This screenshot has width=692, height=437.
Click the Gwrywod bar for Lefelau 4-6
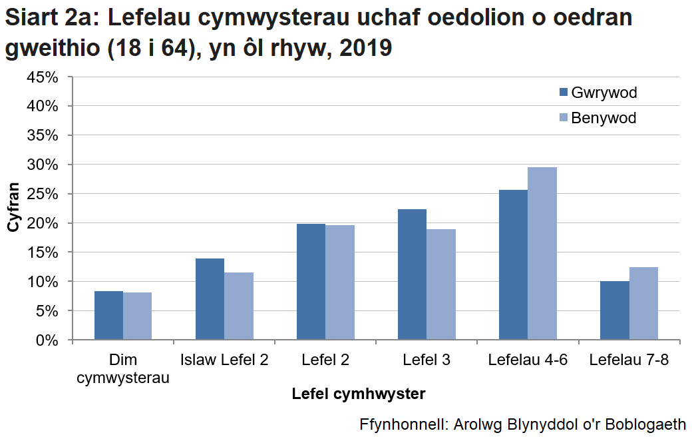tap(513, 265)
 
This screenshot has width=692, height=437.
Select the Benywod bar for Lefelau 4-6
tap(542, 254)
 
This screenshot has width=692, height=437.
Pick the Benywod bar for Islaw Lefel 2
tap(238, 306)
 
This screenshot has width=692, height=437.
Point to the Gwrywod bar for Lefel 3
tap(412, 274)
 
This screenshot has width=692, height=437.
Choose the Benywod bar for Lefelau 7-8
tap(643, 304)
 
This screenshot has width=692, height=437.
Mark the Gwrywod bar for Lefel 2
tap(311, 282)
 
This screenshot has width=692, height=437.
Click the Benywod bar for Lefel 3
tap(440, 284)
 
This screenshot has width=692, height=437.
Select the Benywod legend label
tap(604, 118)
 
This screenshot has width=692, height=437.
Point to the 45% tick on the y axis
tap(45, 77)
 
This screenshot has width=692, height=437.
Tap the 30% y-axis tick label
tap(45, 165)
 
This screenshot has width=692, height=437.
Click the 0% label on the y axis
tap(49, 340)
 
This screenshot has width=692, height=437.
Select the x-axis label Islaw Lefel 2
tap(224, 360)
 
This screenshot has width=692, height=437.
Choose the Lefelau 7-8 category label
tap(629, 360)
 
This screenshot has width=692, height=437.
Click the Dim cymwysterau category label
tap(123, 369)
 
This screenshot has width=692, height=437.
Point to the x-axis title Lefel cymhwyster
tap(359, 394)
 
